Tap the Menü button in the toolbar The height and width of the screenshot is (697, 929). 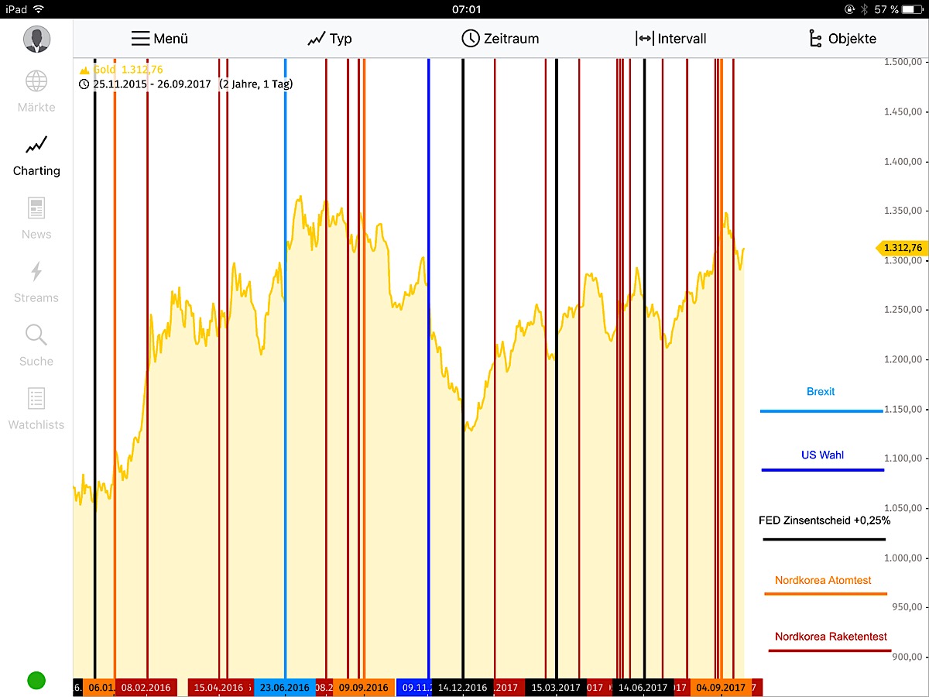pos(159,39)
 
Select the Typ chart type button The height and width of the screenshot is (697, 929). pos(330,39)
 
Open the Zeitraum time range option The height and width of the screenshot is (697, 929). pos(500,39)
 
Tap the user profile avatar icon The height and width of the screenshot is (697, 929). pos(36,39)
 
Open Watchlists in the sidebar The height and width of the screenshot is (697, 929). pos(36,409)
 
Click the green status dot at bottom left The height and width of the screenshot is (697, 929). pos(36,681)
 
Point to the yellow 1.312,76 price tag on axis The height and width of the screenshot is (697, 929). pos(902,248)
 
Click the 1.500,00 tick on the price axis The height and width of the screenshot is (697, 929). pos(905,62)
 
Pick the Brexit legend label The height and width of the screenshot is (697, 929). pos(821,392)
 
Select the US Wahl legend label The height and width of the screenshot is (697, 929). pos(822,455)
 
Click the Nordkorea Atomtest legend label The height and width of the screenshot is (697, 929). pos(823,580)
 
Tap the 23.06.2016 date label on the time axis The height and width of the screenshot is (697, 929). pos(285,688)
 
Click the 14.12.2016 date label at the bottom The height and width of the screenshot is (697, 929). pos(462,688)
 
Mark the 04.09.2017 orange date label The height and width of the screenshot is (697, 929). pos(721,688)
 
